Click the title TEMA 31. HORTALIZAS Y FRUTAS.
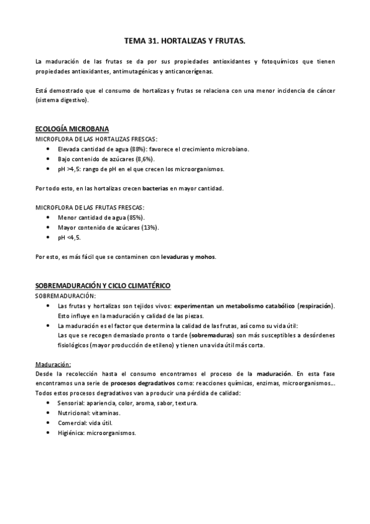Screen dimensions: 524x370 pyautogui.click(x=185, y=41)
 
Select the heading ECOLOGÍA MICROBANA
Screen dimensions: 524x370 pyautogui.click(x=72, y=129)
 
